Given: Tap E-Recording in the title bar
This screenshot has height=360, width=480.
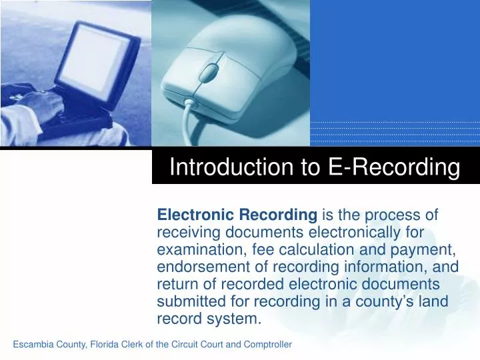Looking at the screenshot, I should coord(395,167).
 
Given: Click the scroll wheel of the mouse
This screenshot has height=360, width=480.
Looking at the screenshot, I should coord(210,69).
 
